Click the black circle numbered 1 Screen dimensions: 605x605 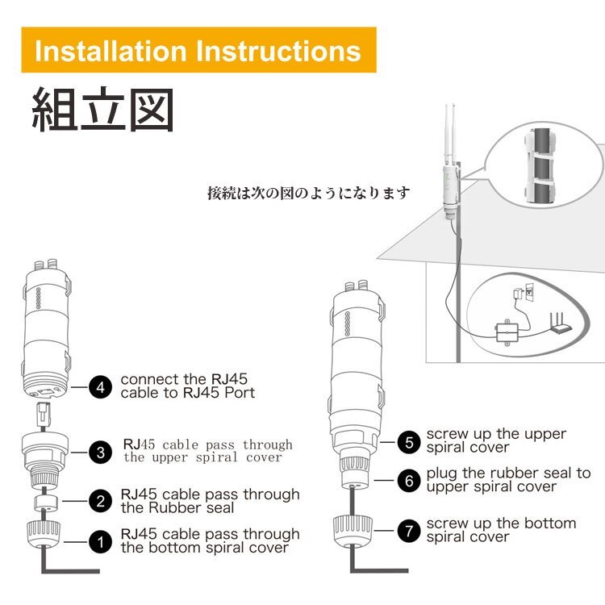click(x=100, y=542)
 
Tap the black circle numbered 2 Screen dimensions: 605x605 click(x=100, y=501)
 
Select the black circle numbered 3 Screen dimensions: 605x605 click(x=100, y=453)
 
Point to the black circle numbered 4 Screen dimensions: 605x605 click(x=100, y=387)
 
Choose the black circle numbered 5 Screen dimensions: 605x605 click(x=409, y=442)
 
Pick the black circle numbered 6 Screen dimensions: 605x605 click(x=409, y=481)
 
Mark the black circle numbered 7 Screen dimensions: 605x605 click(x=409, y=531)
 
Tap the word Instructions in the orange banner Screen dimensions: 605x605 click(x=278, y=51)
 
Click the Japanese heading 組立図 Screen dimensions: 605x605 click(x=102, y=110)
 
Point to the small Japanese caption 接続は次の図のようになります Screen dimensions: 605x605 click(x=309, y=193)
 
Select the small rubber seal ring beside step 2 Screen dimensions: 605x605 click(x=45, y=503)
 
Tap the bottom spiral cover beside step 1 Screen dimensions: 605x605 click(x=44, y=535)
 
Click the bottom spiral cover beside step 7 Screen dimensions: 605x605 click(x=353, y=532)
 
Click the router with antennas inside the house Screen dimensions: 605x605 click(x=561, y=323)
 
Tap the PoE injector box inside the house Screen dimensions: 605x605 click(x=507, y=332)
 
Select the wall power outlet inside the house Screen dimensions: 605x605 click(x=530, y=292)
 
